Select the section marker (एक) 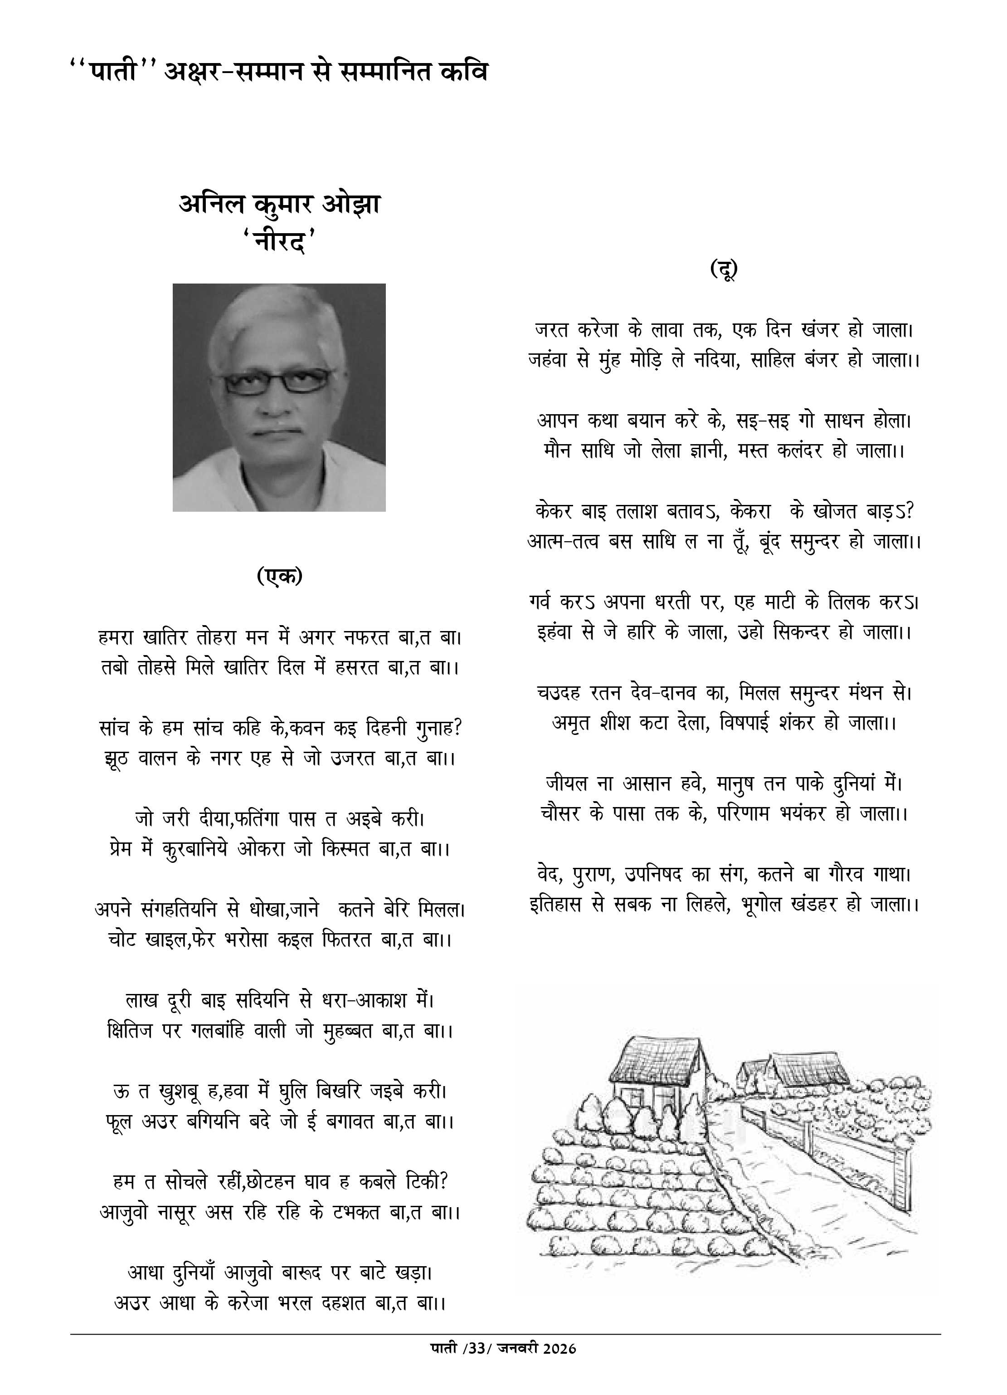[280, 576]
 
